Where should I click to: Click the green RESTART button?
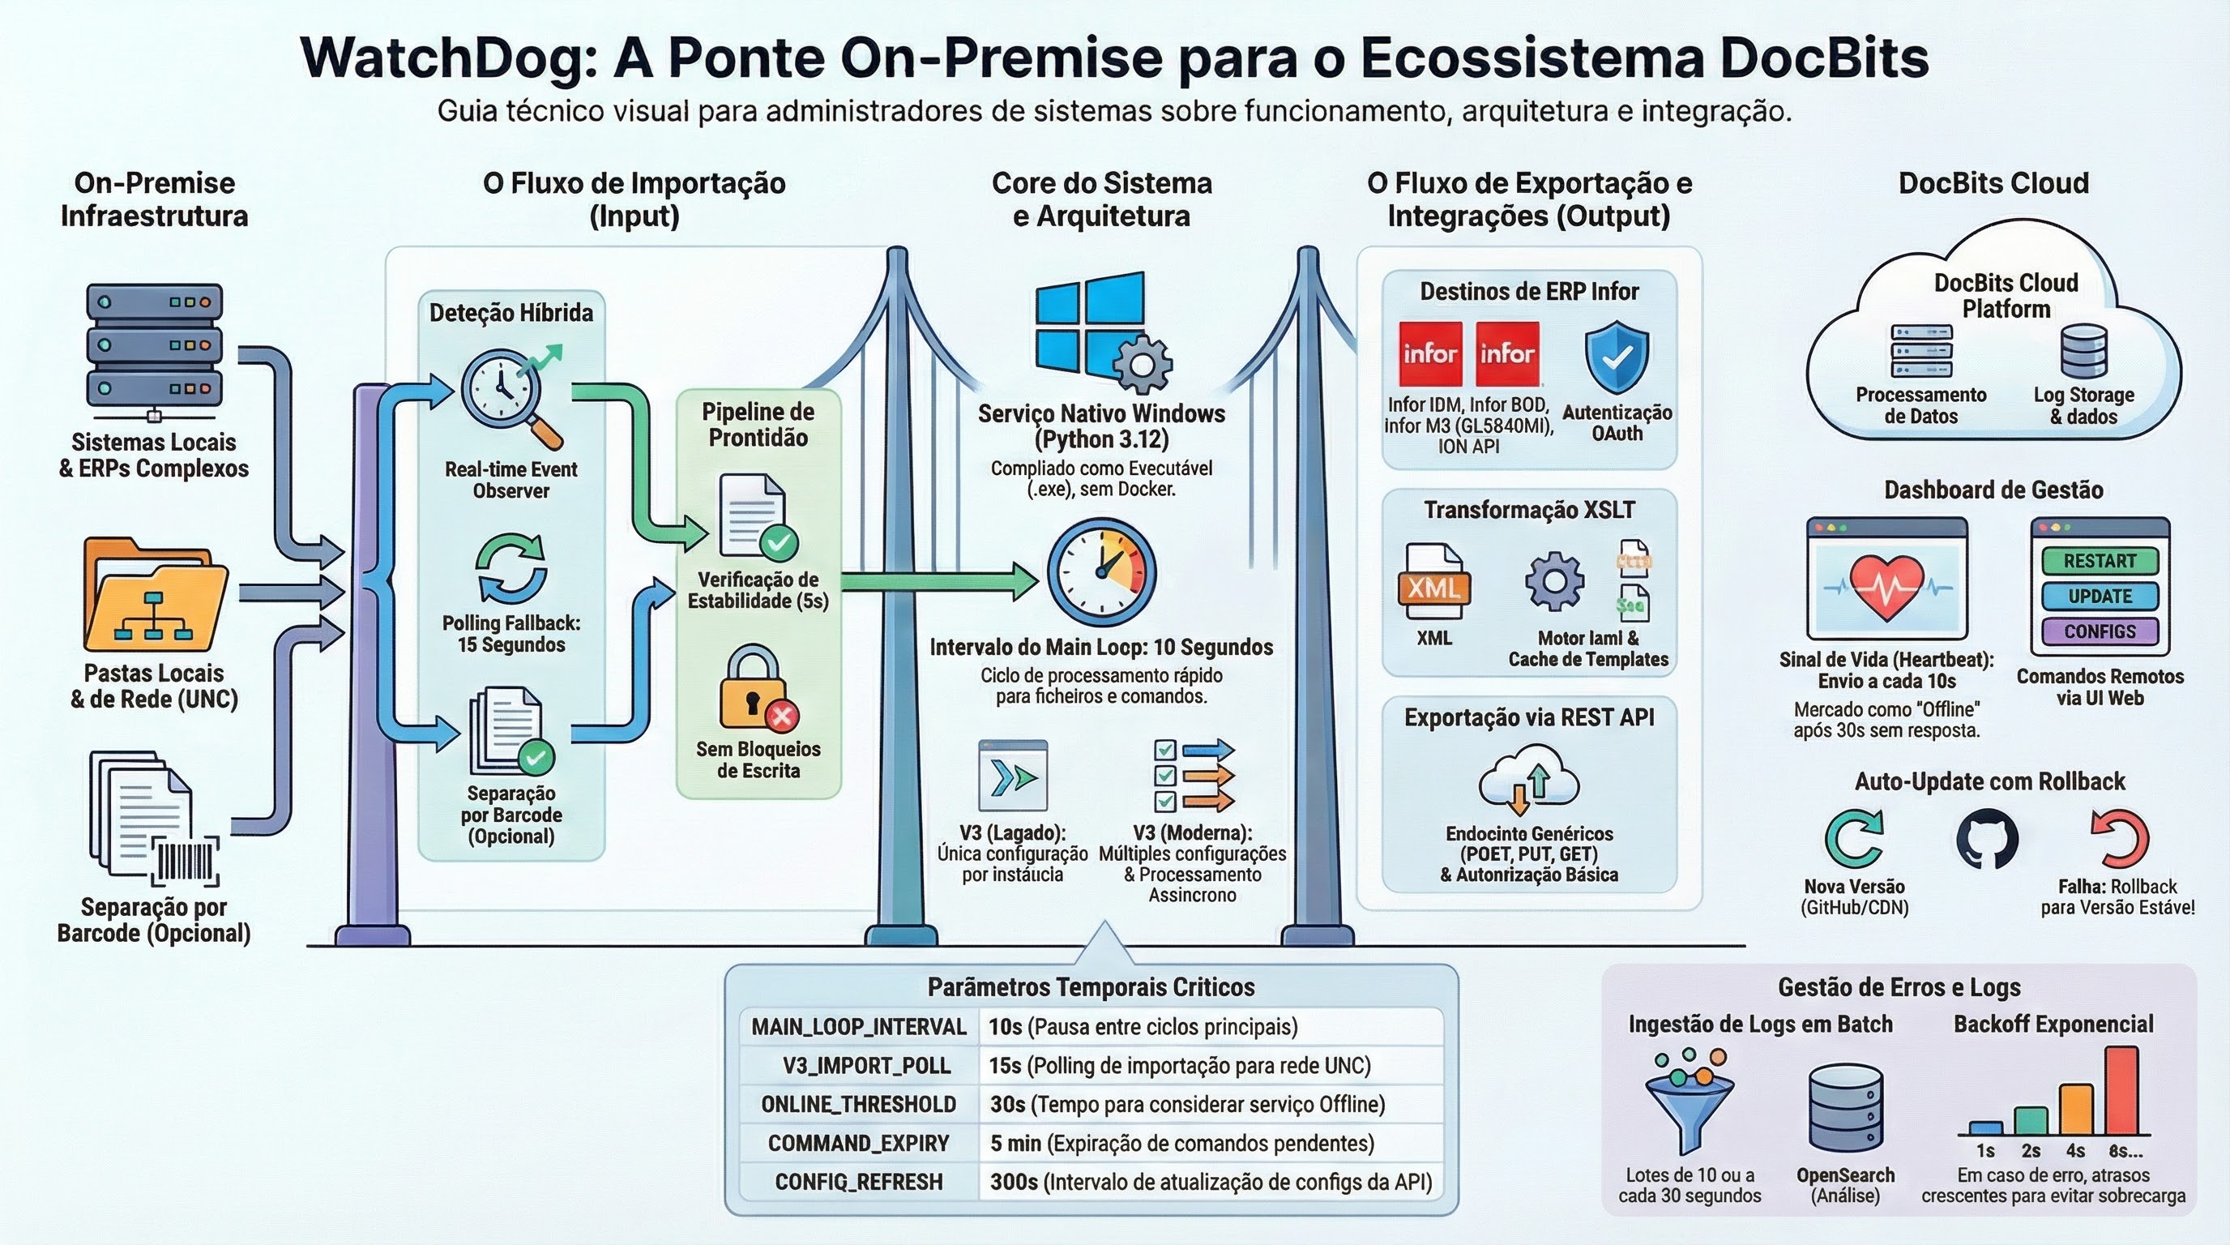click(2100, 561)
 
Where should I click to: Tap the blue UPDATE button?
click(2100, 597)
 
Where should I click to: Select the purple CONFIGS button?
click(2100, 631)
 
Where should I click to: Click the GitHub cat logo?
click(1987, 839)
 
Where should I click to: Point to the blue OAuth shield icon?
click(1617, 358)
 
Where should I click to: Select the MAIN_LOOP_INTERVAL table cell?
click(859, 1027)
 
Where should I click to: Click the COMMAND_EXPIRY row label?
click(859, 1143)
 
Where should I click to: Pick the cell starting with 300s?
click(1211, 1182)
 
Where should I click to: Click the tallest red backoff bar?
click(2121, 1091)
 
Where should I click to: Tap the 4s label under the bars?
click(2075, 1152)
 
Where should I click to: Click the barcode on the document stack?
click(186, 862)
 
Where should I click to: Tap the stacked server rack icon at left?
click(154, 346)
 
